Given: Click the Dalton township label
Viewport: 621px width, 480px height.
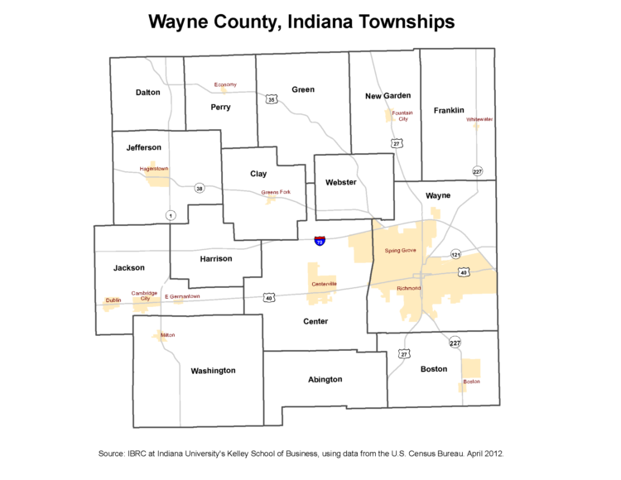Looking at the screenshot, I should point(147,93).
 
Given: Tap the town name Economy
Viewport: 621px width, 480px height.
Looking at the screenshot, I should point(225,84).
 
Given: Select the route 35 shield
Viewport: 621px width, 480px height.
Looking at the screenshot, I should point(272,99).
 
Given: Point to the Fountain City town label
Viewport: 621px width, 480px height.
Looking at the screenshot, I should point(402,115).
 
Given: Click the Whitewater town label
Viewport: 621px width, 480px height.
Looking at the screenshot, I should point(479,119).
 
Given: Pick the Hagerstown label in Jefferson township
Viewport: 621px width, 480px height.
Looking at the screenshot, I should point(154,168).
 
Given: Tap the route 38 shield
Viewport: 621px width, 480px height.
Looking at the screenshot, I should point(199,189).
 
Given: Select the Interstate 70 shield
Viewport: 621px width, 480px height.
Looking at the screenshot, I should point(320,241).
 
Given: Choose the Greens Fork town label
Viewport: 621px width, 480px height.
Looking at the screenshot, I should point(276,192).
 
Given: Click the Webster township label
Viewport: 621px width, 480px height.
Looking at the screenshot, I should point(340,182).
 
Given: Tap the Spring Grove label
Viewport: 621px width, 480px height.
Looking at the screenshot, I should point(401,250).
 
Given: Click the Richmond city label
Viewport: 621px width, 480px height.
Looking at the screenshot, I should point(409,288).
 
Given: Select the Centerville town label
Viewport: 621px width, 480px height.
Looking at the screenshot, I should point(324,284).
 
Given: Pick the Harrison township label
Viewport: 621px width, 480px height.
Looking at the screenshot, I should point(216,258).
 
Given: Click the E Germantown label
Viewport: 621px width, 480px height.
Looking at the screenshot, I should point(182,296).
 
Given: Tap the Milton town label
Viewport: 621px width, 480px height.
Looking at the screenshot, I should point(167,335).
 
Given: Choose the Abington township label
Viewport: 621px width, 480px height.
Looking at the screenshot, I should point(325,379).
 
